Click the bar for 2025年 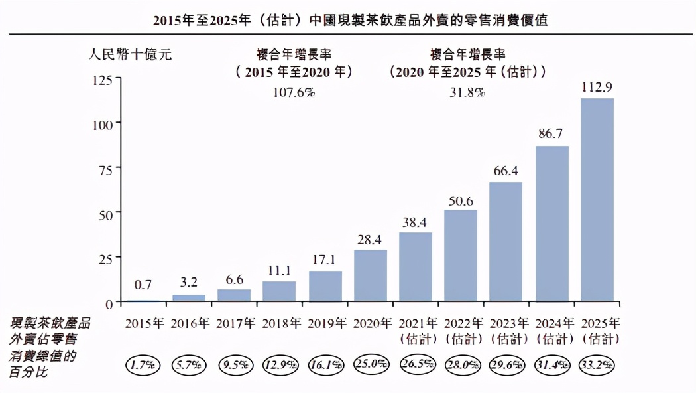[597, 200]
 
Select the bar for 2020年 [371, 276]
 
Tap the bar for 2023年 [506, 242]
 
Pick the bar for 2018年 [279, 292]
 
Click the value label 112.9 [597, 86]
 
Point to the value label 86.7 [551, 134]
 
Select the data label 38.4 [416, 220]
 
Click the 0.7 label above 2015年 [143, 285]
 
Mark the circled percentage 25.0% [371, 364]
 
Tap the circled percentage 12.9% [280, 364]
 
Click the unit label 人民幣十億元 [131, 55]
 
